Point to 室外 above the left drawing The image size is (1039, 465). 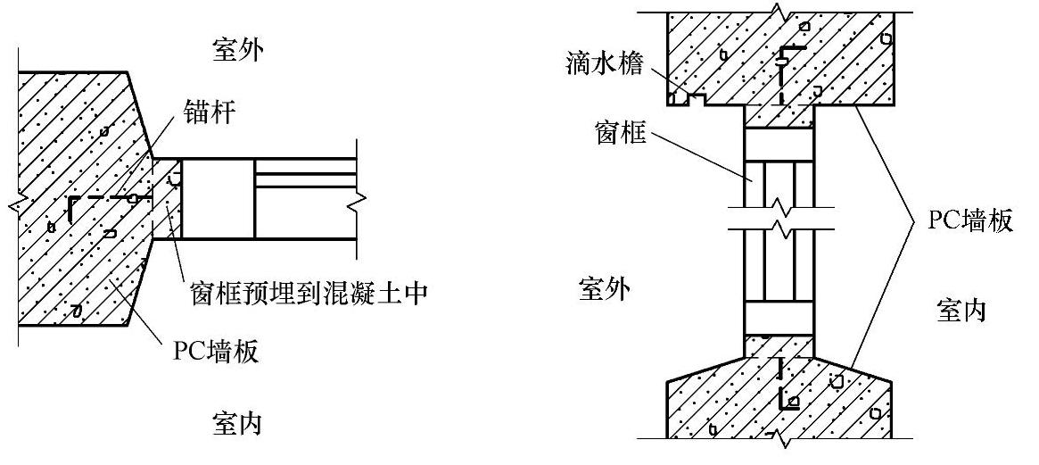click(236, 49)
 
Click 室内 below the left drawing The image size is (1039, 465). click(236, 422)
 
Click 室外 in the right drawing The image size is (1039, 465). click(603, 290)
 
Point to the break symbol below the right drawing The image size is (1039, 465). click(779, 439)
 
